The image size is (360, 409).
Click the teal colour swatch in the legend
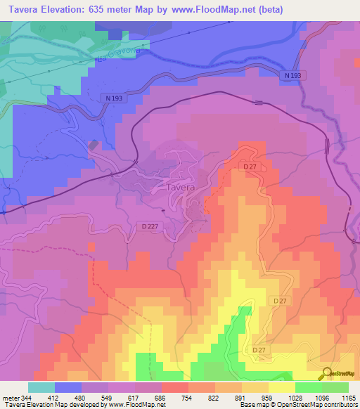[41, 387]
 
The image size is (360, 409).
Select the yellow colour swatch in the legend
[281, 387]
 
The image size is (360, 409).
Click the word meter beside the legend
[11, 398]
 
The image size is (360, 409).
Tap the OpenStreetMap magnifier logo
[328, 372]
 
